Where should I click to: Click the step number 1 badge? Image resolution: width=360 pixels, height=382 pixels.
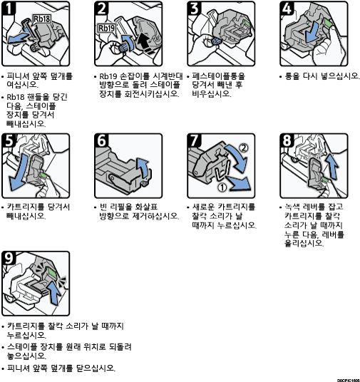tap(9, 8)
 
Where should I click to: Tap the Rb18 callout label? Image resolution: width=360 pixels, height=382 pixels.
tap(42, 19)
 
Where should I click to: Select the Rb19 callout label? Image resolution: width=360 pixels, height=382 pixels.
tap(106, 28)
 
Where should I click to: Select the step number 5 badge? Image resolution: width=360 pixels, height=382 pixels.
tap(9, 140)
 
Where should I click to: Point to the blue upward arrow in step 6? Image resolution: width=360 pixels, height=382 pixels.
tap(143, 168)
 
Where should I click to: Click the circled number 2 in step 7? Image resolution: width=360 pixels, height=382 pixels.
tap(244, 148)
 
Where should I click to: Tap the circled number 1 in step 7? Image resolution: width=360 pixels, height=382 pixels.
tap(222, 187)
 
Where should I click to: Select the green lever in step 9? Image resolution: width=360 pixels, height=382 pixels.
tap(51, 272)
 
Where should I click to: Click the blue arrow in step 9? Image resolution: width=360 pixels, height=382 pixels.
tap(54, 293)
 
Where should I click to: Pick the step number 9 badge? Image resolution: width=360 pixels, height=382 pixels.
tap(9, 258)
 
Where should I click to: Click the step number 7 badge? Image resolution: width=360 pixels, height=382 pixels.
tap(194, 140)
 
